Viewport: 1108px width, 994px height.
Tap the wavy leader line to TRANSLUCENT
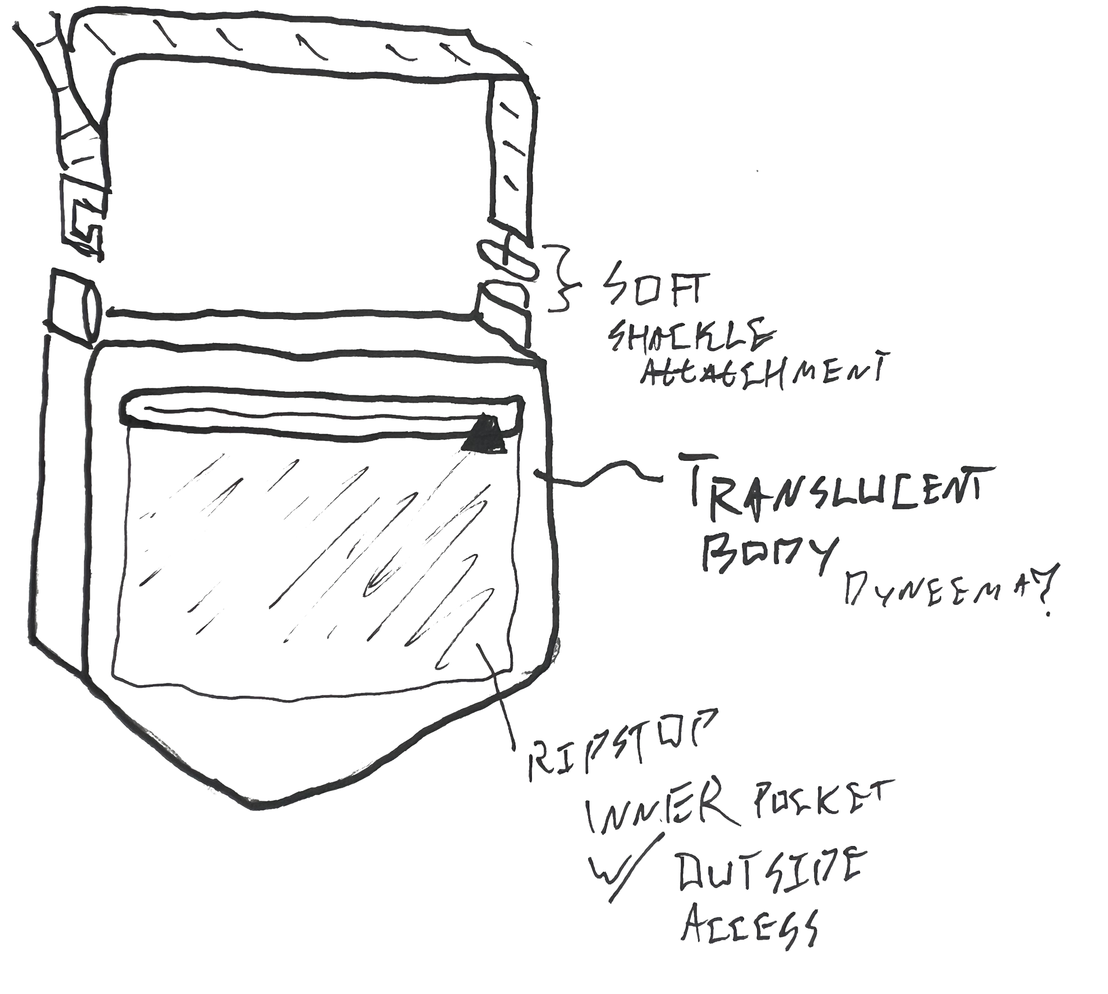(601, 475)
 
